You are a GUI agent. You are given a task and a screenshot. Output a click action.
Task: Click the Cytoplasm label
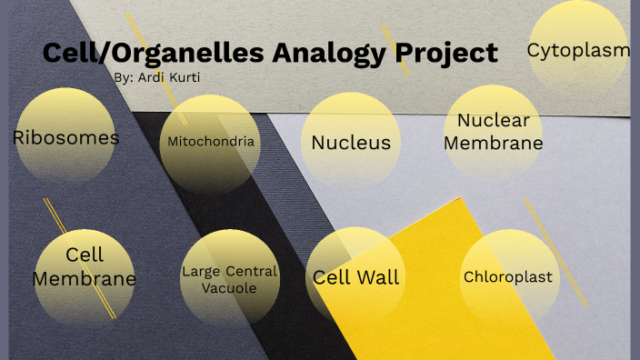(x=578, y=50)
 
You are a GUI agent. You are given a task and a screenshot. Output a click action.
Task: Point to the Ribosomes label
(x=65, y=138)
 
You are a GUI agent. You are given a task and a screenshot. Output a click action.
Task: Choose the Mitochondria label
(x=210, y=142)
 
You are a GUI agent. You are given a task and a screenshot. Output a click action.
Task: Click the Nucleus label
(x=351, y=142)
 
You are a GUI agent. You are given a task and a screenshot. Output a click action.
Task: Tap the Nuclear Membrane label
(x=493, y=132)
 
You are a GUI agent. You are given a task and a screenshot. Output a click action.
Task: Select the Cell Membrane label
(x=85, y=266)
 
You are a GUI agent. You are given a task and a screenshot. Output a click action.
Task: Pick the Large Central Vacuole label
(x=229, y=279)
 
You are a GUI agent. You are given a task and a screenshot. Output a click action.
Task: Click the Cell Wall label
(x=355, y=277)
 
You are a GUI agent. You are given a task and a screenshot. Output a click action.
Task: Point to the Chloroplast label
(x=508, y=277)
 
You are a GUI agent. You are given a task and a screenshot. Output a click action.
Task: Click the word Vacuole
(x=230, y=288)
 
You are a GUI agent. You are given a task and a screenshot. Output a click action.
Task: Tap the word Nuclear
(x=493, y=121)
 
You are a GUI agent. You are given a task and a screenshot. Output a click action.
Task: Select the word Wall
(x=377, y=277)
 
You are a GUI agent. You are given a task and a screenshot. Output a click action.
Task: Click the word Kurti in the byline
(x=182, y=77)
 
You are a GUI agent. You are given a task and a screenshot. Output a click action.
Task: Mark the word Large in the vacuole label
(x=200, y=271)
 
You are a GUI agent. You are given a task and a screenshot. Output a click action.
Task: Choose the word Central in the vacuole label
(x=251, y=271)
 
